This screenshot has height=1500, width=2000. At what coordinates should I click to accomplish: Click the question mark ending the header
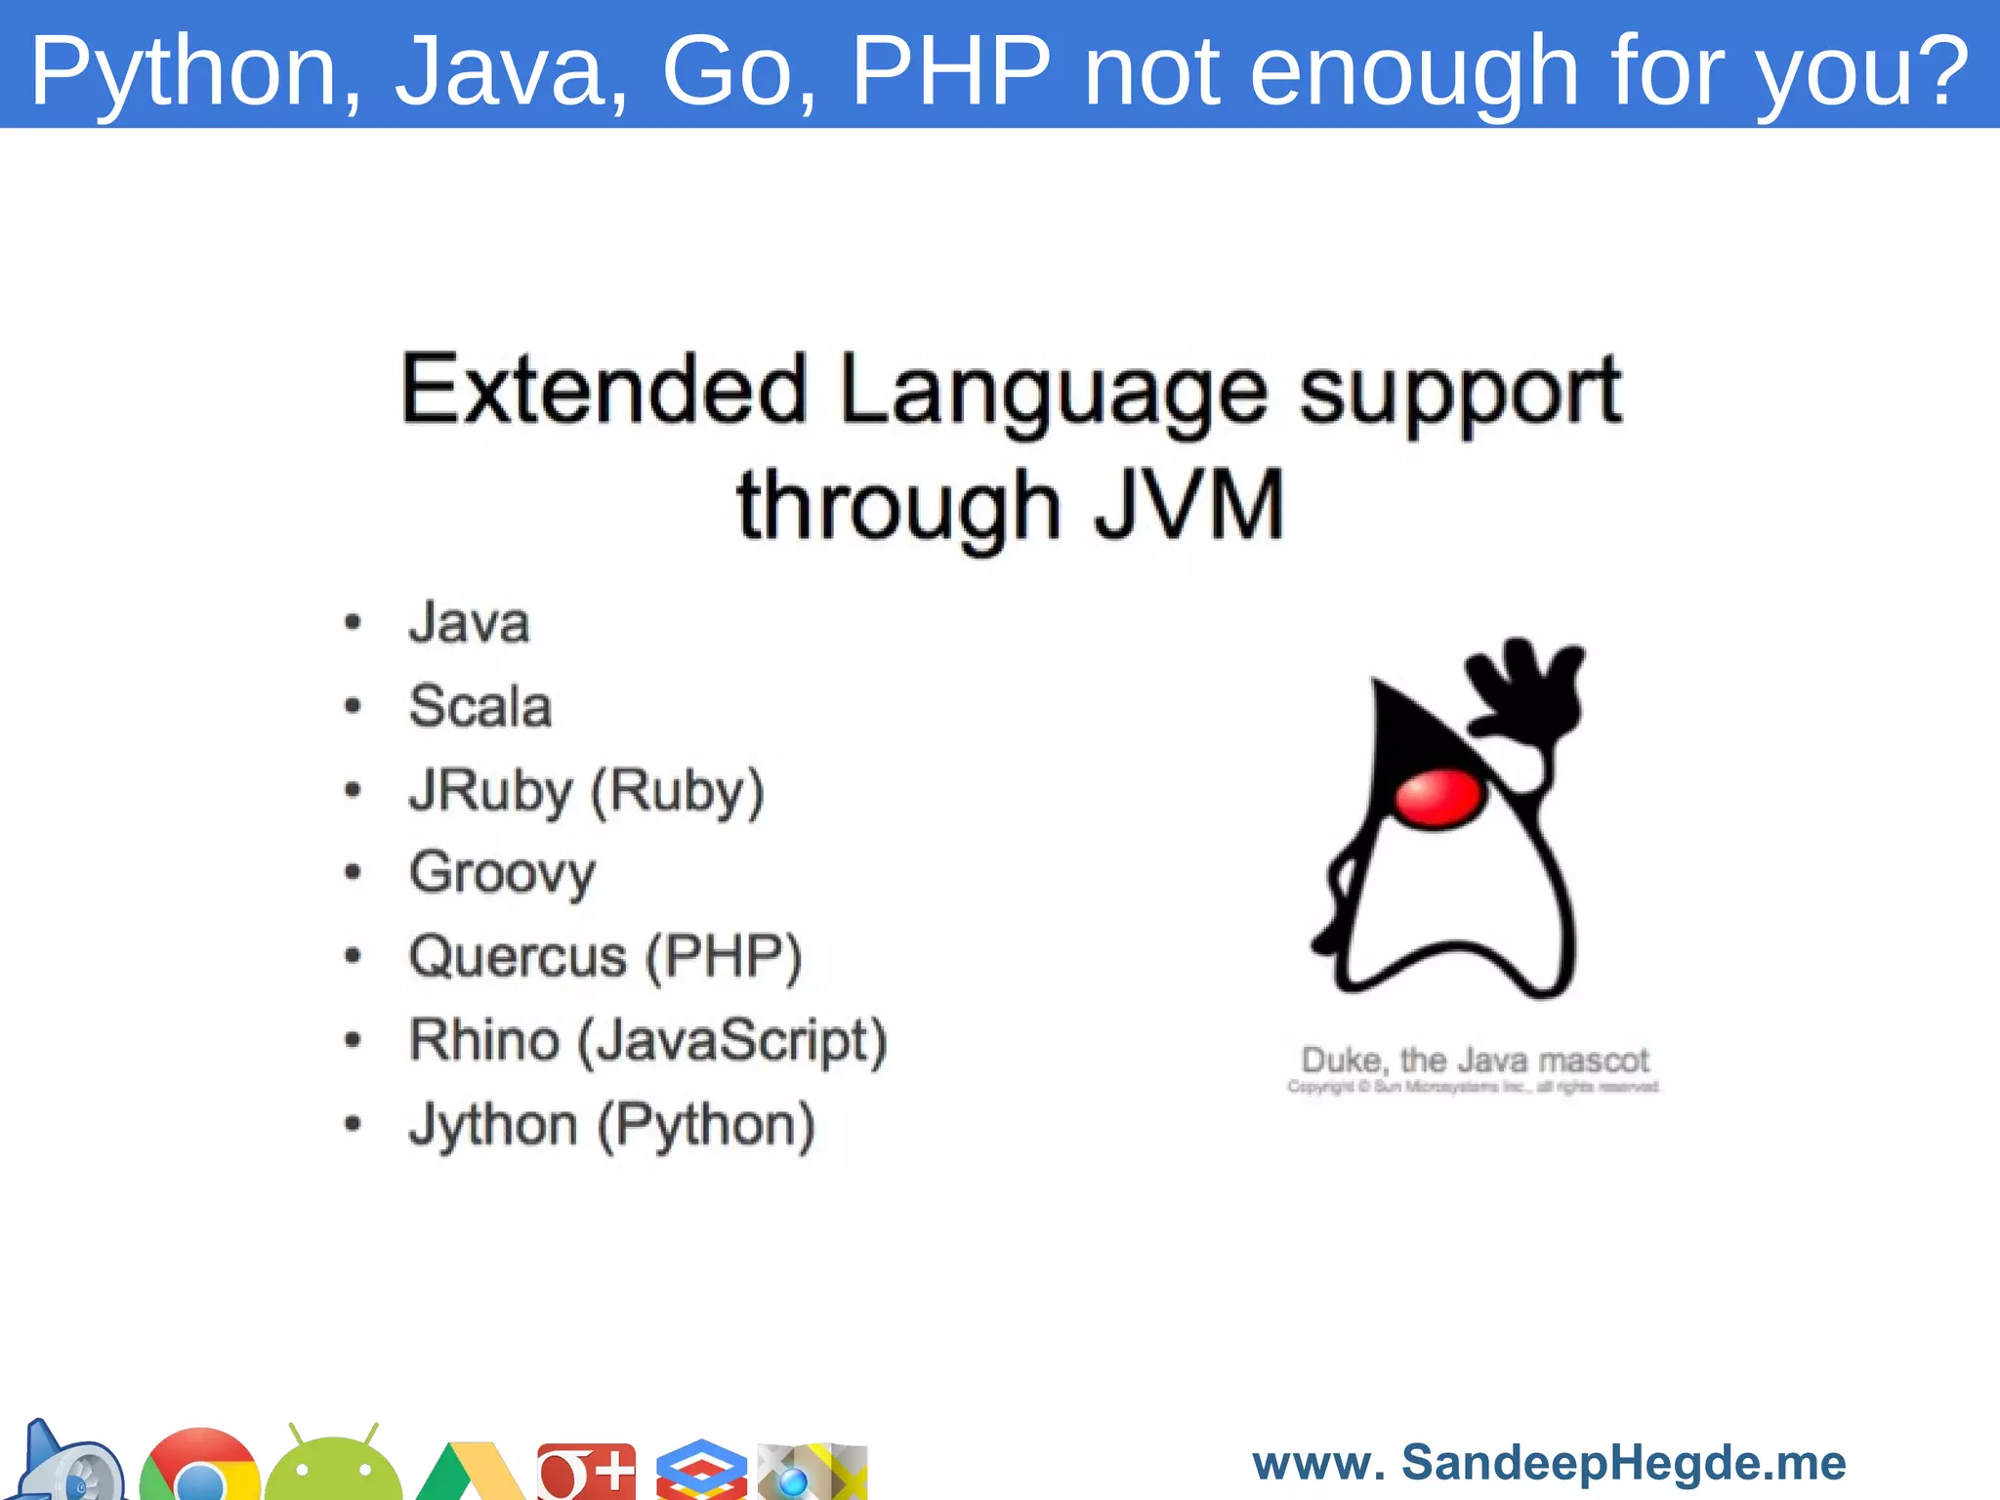click(1938, 70)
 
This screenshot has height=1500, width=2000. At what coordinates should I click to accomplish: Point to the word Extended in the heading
click(604, 390)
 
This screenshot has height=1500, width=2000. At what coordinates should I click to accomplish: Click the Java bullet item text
click(470, 622)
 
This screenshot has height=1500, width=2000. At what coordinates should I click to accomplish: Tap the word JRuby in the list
click(490, 790)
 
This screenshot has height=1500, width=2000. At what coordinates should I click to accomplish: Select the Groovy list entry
click(502, 872)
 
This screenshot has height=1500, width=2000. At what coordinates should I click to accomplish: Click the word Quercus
click(518, 956)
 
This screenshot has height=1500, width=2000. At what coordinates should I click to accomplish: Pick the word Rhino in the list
click(484, 1039)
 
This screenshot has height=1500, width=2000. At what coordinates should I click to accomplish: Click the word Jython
click(493, 1125)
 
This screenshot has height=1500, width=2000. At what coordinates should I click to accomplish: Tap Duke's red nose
click(1437, 797)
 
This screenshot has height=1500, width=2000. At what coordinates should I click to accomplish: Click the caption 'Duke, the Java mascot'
click(1475, 1060)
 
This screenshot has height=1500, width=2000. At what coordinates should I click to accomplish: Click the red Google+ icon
click(586, 1471)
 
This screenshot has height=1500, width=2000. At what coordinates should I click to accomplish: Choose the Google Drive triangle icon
click(469, 1475)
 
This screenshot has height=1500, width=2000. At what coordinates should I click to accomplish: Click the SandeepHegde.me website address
click(1549, 1463)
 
